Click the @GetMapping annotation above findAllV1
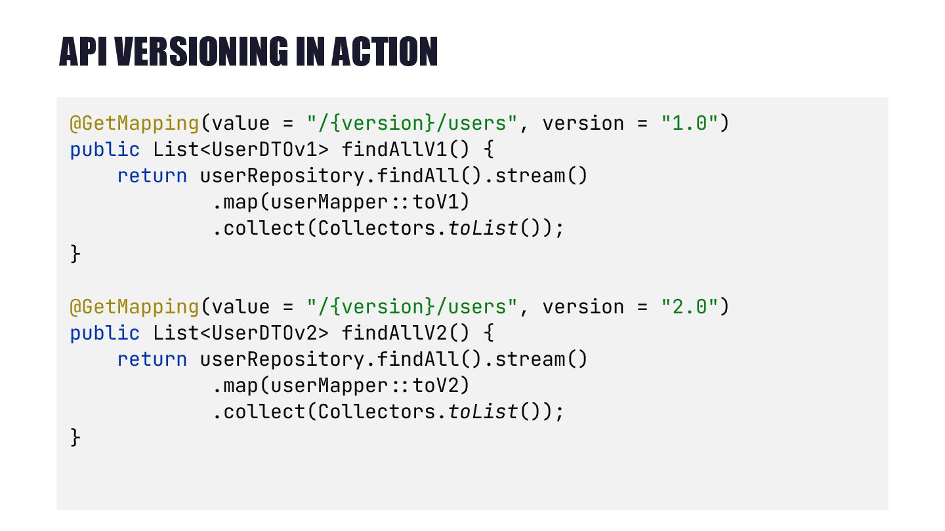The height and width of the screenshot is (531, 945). point(135,123)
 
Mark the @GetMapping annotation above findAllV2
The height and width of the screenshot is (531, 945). point(135,307)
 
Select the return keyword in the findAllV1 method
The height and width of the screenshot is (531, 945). point(152,176)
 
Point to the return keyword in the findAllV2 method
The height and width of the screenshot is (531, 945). point(152,359)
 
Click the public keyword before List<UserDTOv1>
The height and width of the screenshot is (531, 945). point(105,149)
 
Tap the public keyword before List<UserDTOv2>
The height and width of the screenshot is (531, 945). point(105,333)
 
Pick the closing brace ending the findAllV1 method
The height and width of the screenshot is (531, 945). point(75,254)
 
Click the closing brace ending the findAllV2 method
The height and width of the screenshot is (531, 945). point(75,438)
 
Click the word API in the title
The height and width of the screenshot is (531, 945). point(83,52)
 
